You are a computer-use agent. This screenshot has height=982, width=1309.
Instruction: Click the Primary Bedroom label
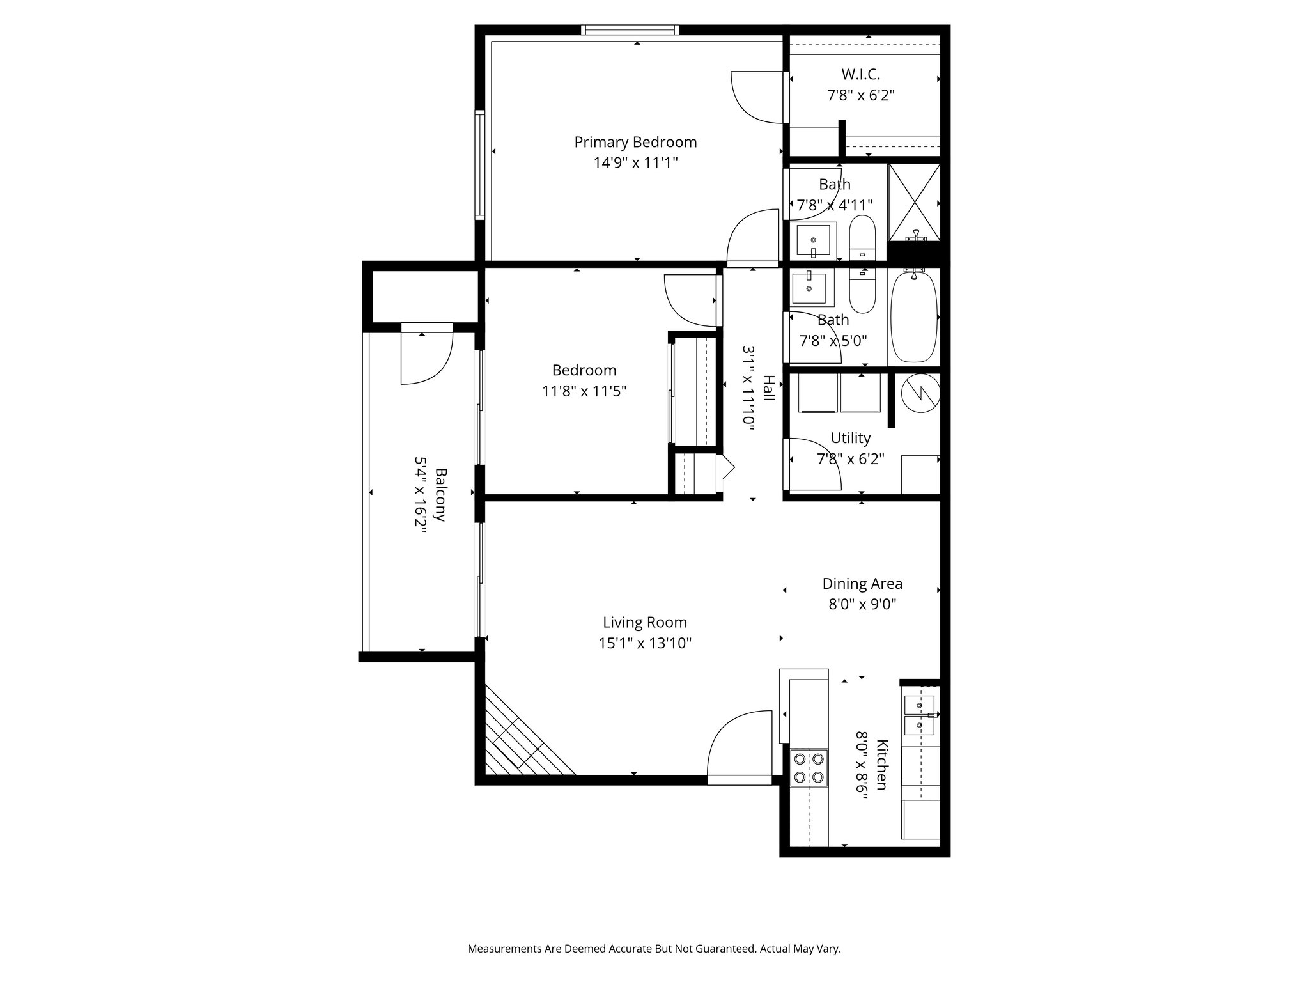[x=635, y=142]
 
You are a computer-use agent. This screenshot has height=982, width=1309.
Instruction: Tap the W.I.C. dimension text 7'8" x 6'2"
[x=860, y=96]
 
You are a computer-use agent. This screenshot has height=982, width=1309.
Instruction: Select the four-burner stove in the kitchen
[x=809, y=768]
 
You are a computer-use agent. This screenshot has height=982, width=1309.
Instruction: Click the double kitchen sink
[x=919, y=715]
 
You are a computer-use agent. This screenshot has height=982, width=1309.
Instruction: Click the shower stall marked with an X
[x=915, y=201]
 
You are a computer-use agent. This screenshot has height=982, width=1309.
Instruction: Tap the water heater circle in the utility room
[x=921, y=392]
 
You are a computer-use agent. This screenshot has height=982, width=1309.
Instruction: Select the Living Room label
[x=645, y=622]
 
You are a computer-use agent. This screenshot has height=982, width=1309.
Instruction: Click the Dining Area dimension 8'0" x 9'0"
[x=862, y=604]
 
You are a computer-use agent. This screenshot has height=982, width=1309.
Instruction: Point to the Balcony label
[x=440, y=495]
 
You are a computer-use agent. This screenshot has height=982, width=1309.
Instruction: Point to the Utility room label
[x=850, y=438]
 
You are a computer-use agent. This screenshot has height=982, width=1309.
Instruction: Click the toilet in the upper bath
[x=862, y=237]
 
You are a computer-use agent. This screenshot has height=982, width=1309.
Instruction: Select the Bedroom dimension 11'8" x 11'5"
[x=584, y=391]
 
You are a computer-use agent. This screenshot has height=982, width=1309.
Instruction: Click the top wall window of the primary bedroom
[x=630, y=29]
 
